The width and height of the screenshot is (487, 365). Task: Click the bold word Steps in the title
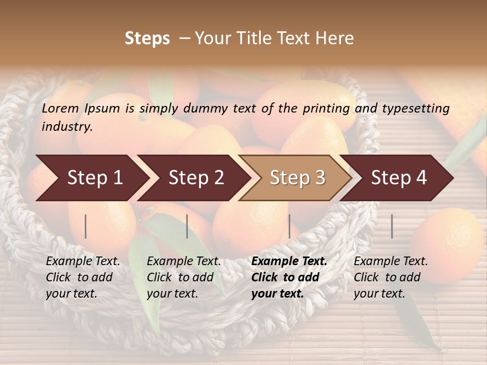click(x=147, y=39)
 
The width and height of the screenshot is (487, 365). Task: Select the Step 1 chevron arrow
click(x=91, y=178)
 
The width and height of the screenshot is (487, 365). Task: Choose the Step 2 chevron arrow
click(x=195, y=178)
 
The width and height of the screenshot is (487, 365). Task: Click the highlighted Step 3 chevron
click(x=297, y=178)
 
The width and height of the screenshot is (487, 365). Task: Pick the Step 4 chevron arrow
click(x=398, y=178)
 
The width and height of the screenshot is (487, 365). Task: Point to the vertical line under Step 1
click(x=86, y=226)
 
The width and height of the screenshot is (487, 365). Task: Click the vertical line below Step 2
click(x=187, y=226)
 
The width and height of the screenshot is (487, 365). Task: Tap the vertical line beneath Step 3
click(x=290, y=226)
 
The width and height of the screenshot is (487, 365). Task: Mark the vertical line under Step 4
click(x=392, y=226)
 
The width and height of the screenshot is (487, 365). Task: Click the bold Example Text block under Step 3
click(x=289, y=277)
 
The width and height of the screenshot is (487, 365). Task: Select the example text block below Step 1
click(x=83, y=277)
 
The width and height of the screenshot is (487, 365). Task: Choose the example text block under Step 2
click(x=184, y=277)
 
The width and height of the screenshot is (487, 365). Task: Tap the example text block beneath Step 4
click(x=391, y=277)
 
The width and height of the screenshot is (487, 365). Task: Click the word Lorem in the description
click(x=60, y=108)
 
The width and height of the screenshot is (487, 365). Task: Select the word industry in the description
click(x=66, y=127)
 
